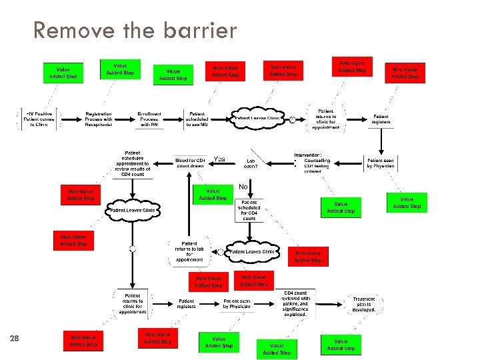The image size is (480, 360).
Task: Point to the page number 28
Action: [x=15, y=339]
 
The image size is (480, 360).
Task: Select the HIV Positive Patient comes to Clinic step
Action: [x=39, y=119]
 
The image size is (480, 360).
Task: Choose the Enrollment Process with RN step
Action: [x=149, y=119]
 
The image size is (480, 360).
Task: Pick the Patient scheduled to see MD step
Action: [x=198, y=119]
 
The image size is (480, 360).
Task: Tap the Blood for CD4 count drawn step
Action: [x=190, y=162]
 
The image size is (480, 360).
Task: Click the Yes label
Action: [x=219, y=159]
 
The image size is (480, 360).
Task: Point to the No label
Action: [x=243, y=187]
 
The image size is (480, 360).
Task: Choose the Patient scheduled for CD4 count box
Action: [x=249, y=210]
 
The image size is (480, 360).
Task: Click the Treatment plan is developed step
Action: [x=364, y=304]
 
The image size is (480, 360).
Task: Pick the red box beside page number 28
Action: [x=83, y=341]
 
